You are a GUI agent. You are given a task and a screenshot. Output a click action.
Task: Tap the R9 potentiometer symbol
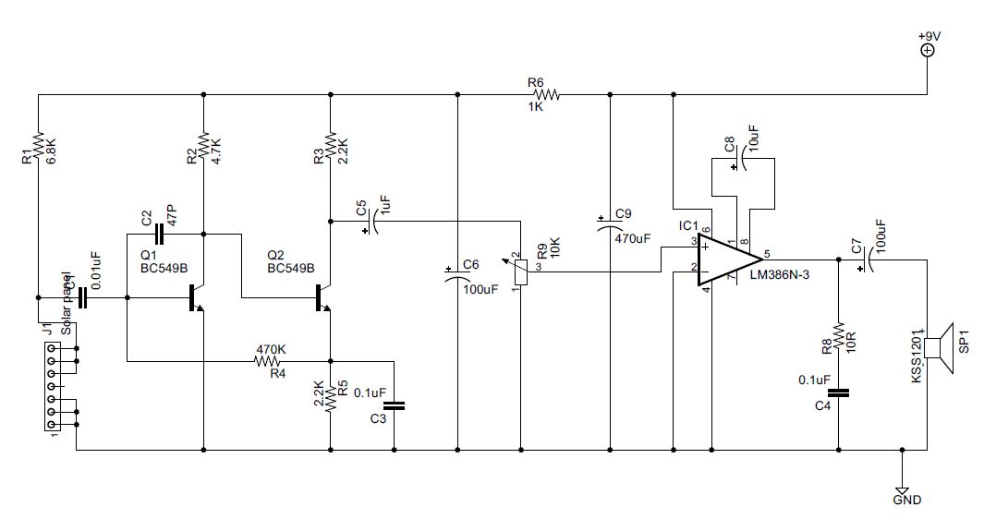(521, 272)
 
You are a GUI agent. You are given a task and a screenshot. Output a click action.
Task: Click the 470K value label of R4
(270, 350)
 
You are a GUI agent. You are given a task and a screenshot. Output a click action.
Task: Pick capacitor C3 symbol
(395, 404)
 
